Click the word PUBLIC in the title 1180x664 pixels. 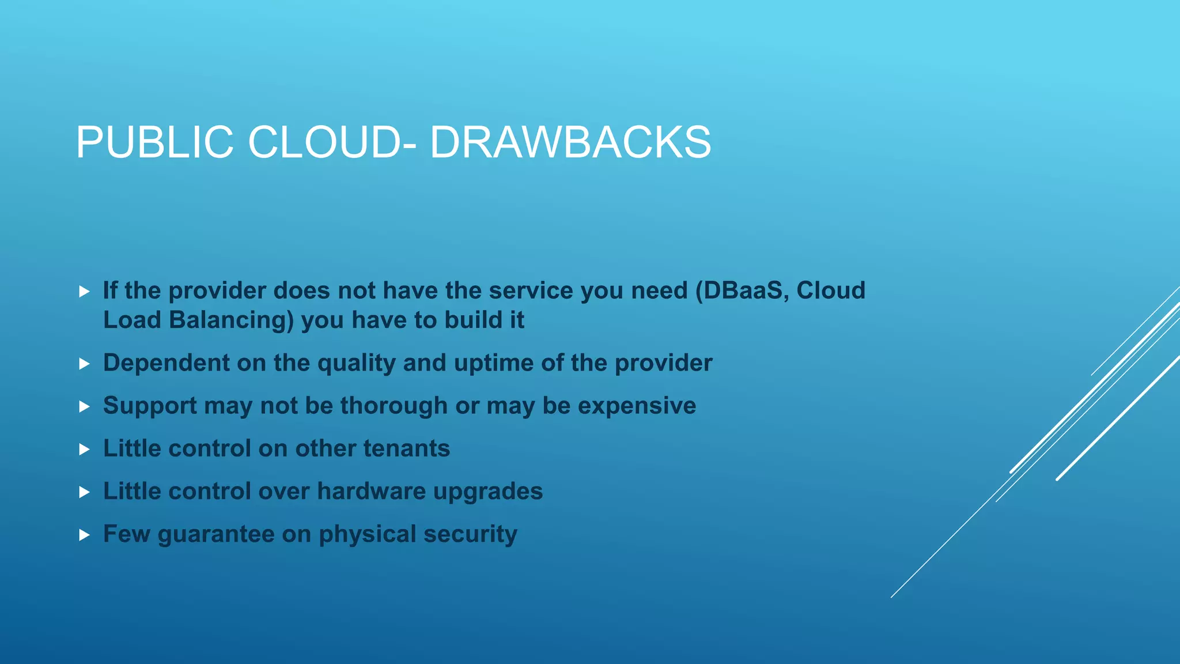point(154,142)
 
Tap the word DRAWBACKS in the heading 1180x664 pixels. point(570,142)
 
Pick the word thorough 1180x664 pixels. point(394,406)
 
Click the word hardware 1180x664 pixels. point(371,491)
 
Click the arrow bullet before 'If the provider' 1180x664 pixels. point(84,292)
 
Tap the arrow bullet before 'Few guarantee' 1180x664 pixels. point(84,535)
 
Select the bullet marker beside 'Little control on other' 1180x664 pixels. point(84,450)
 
